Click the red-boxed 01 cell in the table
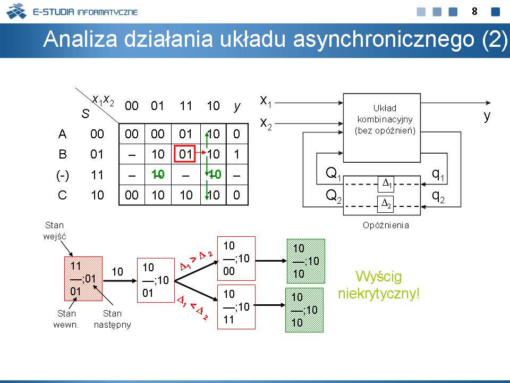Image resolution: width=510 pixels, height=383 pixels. (x=185, y=154)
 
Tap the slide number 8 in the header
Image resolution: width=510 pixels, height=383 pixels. (x=474, y=12)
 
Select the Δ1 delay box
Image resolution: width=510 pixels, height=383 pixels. (x=386, y=184)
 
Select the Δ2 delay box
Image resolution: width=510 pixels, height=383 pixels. (x=386, y=204)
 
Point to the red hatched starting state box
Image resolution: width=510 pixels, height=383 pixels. (x=83, y=279)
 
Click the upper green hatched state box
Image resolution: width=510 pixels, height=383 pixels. (x=306, y=261)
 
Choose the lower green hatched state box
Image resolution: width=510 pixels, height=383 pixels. (x=304, y=310)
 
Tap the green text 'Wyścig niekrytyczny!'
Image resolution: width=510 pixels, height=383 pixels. (x=379, y=285)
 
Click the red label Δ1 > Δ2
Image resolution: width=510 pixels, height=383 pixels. (x=197, y=261)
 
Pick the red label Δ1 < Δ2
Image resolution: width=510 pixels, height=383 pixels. (x=192, y=307)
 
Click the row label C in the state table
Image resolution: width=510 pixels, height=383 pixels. (x=62, y=195)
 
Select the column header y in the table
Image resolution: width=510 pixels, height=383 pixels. (x=237, y=106)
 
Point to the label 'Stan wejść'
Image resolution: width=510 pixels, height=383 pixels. (x=55, y=230)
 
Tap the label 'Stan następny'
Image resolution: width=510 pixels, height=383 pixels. (x=112, y=319)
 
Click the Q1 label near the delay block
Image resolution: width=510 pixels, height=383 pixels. (x=334, y=174)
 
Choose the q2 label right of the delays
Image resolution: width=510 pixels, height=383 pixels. (x=438, y=196)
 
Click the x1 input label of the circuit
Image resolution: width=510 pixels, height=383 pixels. (x=266, y=101)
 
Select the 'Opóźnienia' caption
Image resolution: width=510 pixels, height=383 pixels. (x=386, y=225)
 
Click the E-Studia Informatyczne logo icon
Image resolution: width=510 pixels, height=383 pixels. (x=16, y=11)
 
